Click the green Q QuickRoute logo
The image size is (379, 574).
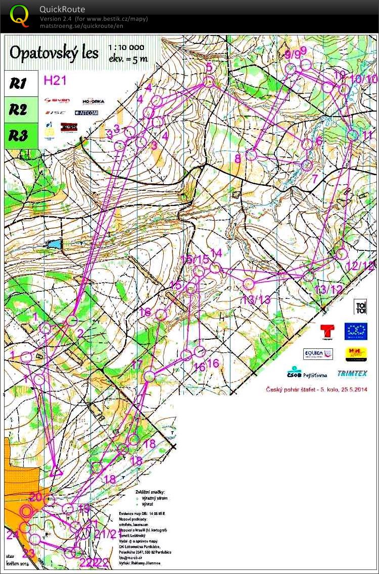[19, 16]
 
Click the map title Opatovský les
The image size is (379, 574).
[54, 53]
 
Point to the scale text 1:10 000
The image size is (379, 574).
[126, 47]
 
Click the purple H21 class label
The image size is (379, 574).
[55, 79]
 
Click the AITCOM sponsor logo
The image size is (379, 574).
[89, 113]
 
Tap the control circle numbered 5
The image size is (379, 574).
[208, 81]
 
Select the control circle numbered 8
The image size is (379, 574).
[252, 154]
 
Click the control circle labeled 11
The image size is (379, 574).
[353, 135]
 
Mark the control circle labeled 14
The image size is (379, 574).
[215, 268]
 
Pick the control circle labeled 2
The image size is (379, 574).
[72, 320]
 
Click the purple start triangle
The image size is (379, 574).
[56, 471]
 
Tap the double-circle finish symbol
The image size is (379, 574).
[26, 511]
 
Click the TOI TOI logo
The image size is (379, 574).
[360, 306]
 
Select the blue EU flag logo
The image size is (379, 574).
[356, 331]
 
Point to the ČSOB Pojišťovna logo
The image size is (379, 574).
[307, 373]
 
